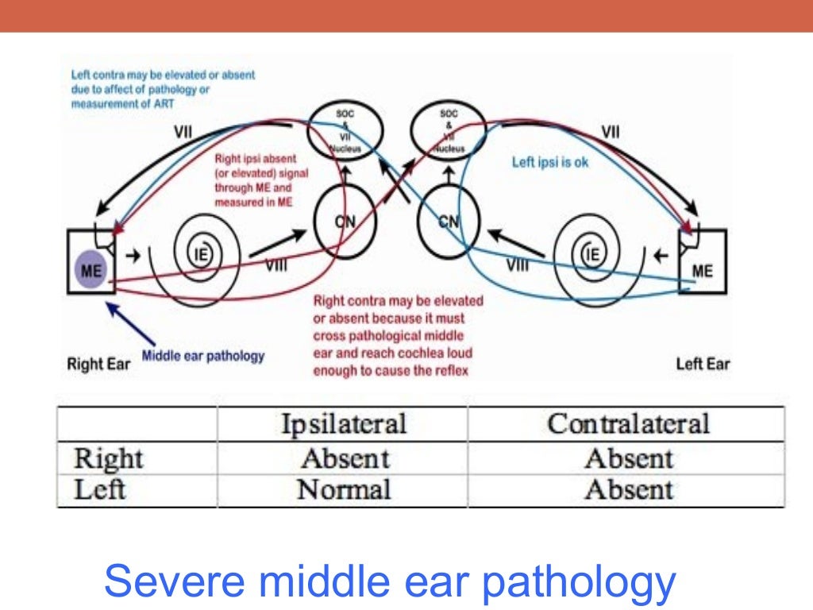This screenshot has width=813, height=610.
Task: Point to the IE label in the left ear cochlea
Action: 591,254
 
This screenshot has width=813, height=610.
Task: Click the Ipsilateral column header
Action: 343,423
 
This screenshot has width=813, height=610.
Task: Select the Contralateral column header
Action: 627,423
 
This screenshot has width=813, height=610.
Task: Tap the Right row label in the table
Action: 108,458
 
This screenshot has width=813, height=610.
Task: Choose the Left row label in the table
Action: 99,489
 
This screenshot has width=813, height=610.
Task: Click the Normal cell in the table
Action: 343,489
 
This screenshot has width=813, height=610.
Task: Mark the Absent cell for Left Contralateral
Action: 628,489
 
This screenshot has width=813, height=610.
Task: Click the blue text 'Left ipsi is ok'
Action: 550,163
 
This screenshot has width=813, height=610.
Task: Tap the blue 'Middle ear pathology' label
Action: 202,355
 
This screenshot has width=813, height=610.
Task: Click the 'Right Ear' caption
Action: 96,365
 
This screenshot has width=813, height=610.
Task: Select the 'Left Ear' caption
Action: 703,365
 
